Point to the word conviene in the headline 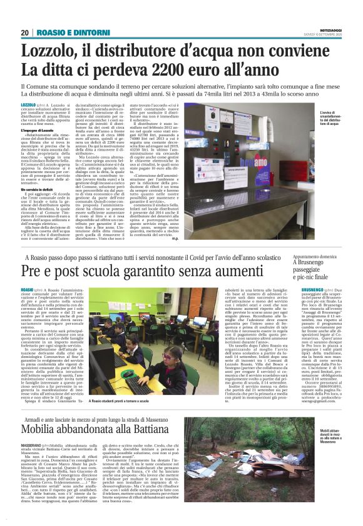click(303, 51)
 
